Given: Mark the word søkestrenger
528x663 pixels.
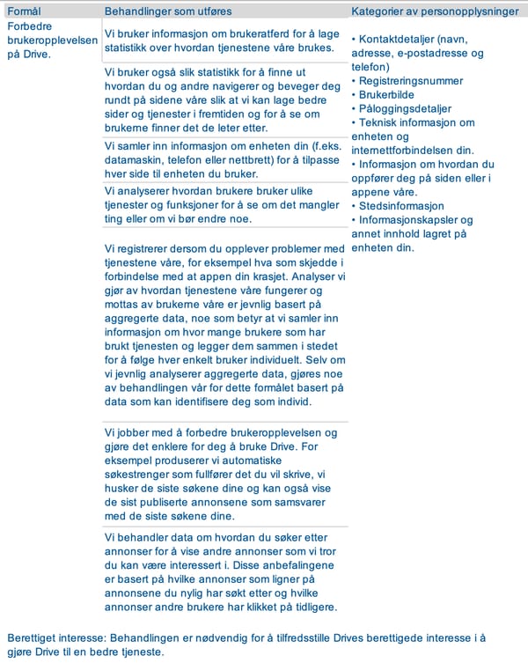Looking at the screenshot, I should tap(141, 475).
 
